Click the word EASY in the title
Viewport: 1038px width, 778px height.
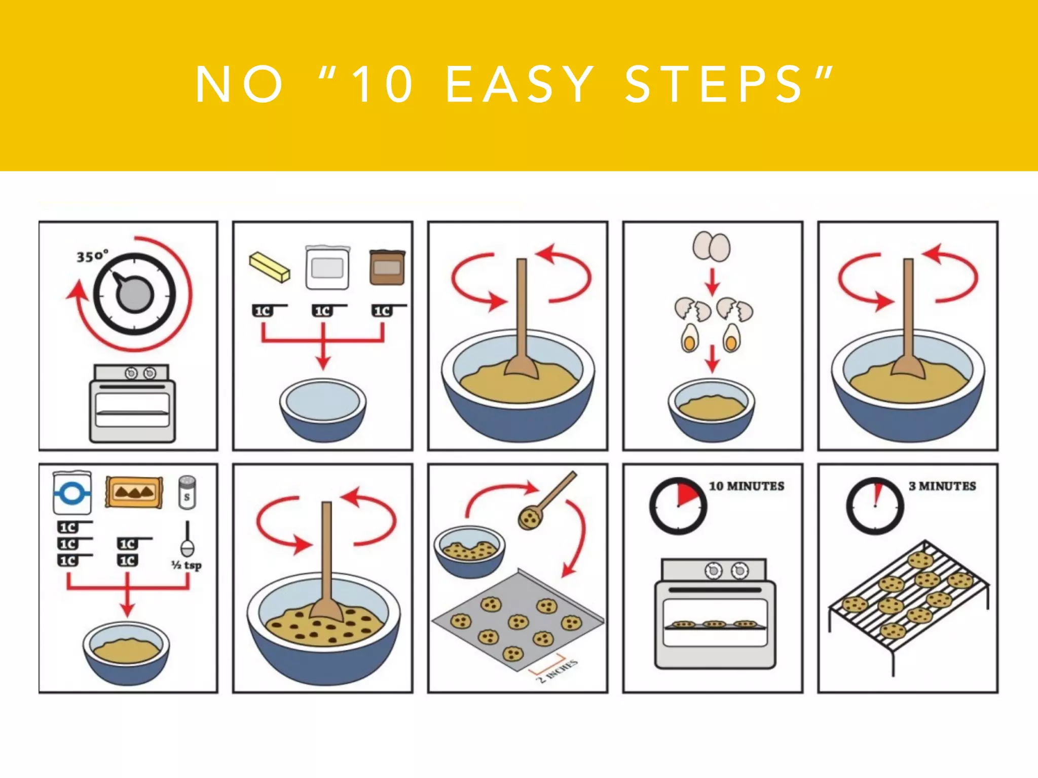pos(520,85)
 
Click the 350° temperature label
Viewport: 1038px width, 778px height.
pos(93,256)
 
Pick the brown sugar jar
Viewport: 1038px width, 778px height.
pos(387,267)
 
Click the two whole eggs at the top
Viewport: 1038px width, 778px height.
pos(712,246)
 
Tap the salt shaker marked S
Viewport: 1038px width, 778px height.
pos(187,492)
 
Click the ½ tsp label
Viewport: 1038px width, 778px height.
pos(187,565)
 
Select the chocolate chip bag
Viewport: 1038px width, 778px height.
pos(134,492)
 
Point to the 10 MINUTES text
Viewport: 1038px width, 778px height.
pos(746,486)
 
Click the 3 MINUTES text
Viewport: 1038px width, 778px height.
pos(942,486)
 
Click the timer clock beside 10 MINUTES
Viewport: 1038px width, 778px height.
pos(678,506)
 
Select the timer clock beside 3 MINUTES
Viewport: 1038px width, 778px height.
pos(875,506)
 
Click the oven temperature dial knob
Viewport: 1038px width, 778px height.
pos(134,294)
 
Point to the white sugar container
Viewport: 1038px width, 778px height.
pos(328,267)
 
